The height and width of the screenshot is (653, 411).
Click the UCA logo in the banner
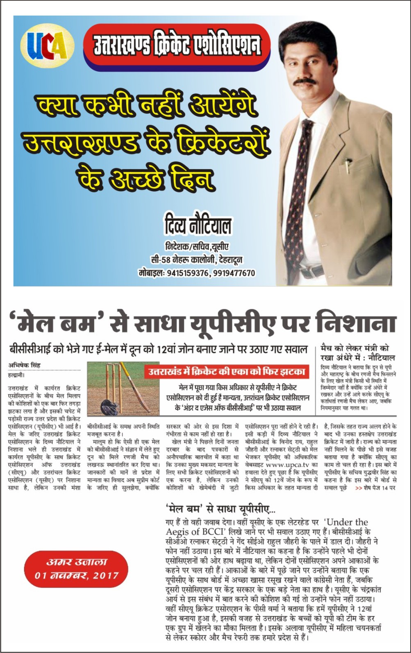tap(47, 45)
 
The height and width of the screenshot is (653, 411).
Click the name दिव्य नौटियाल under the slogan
tap(198, 226)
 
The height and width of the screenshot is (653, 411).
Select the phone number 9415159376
tap(187, 273)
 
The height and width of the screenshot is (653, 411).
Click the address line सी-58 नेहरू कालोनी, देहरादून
tap(197, 260)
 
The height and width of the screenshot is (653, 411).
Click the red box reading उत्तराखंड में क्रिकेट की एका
tap(227, 372)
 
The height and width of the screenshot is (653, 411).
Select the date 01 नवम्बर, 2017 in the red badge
tap(77, 575)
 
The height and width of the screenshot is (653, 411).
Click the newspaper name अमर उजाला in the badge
tap(76, 562)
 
